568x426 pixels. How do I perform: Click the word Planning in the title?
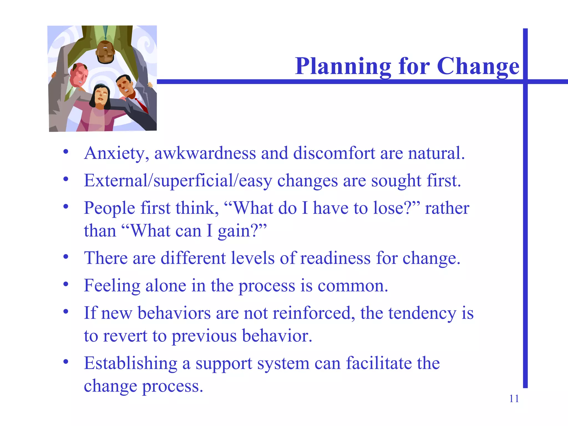343,67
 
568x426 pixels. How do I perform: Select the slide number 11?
514,399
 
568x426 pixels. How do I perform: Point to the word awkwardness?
205,153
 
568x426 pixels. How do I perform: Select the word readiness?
335,258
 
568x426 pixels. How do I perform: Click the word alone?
166,286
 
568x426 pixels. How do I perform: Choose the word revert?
125,336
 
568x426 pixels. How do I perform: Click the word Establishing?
130,363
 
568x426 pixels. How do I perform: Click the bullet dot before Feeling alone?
66,284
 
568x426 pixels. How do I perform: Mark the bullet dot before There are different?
66,257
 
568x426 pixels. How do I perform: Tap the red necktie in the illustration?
141,105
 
